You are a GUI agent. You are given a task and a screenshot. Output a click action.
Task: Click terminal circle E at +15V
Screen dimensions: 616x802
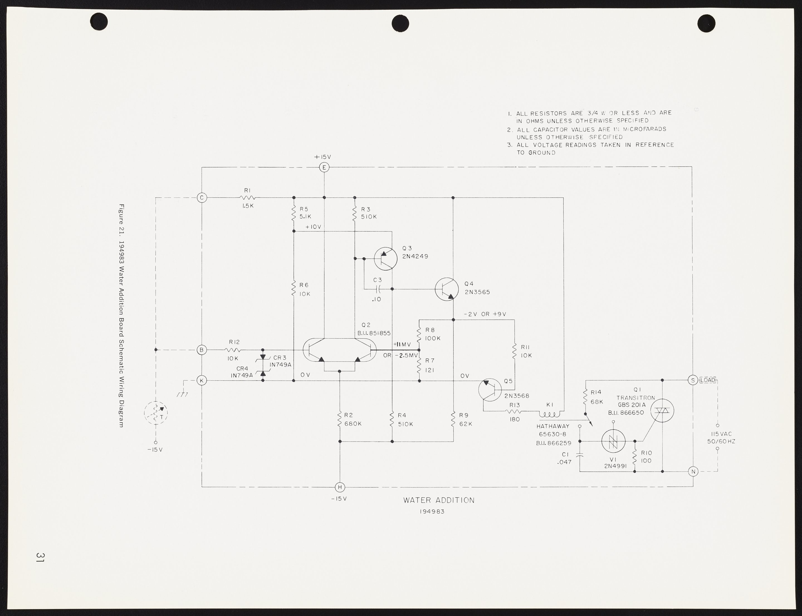pyautogui.click(x=324, y=167)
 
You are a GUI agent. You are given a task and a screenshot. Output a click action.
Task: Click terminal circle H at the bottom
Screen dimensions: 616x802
pyautogui.click(x=340, y=487)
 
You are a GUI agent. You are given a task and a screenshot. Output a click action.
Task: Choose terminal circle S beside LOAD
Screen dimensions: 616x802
pyautogui.click(x=693, y=380)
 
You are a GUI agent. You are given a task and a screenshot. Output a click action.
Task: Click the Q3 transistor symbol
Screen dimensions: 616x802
pyautogui.click(x=386, y=258)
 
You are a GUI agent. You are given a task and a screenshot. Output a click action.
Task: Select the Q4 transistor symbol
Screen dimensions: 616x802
pyautogui.click(x=446, y=289)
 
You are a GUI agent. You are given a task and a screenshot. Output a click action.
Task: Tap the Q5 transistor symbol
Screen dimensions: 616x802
pyautogui.click(x=490, y=390)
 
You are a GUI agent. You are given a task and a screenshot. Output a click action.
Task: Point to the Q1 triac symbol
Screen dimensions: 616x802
pyautogui.click(x=662, y=411)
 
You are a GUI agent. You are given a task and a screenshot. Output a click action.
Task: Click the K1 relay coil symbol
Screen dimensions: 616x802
pyautogui.click(x=549, y=414)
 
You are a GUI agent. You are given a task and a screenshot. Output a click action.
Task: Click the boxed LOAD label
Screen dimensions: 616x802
pyautogui.click(x=708, y=380)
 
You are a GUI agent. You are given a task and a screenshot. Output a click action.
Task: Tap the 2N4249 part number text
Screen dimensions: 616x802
pyautogui.click(x=415, y=256)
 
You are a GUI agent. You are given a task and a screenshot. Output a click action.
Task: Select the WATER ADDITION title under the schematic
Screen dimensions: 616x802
pyautogui.click(x=439, y=500)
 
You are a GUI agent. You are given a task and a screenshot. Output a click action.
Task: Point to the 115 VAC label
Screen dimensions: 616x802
pyautogui.click(x=721, y=434)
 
